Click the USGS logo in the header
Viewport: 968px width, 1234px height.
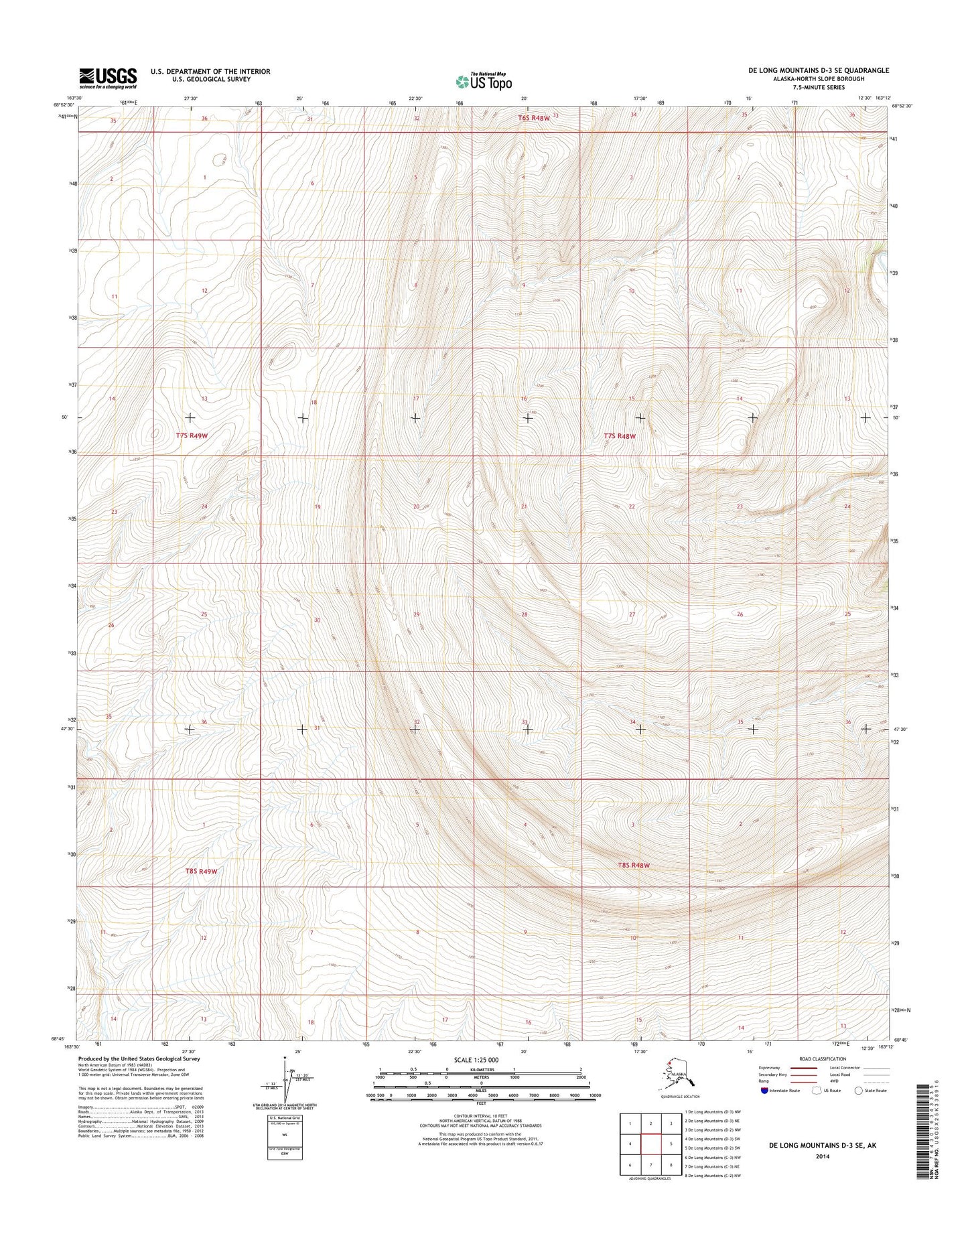pyautogui.click(x=108, y=78)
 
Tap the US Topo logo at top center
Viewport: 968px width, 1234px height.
pyautogui.click(x=484, y=81)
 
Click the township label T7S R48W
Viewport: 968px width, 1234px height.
pyautogui.click(x=619, y=435)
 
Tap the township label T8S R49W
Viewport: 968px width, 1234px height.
pyautogui.click(x=202, y=872)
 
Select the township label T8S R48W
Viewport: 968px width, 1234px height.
pyautogui.click(x=633, y=866)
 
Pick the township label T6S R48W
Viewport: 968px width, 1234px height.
pyautogui.click(x=533, y=118)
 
